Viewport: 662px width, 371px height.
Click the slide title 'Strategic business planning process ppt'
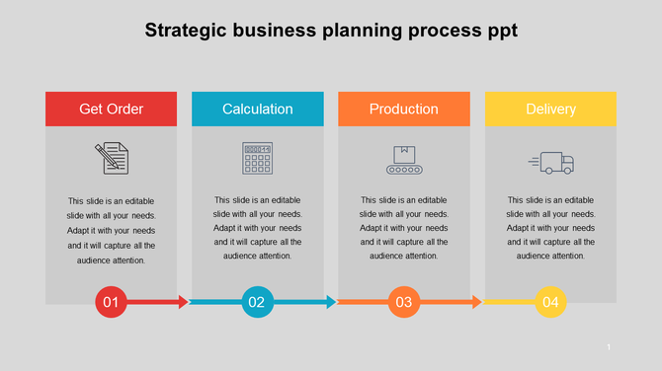pos(331,31)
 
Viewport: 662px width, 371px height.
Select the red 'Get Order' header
pos(111,109)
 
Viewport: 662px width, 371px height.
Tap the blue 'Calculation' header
pos(257,109)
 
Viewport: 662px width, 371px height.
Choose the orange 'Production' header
pos(403,109)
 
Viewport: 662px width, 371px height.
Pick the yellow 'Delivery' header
pos(550,109)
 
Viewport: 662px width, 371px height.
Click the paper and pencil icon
pos(112,158)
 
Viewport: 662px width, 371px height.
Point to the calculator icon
pos(257,158)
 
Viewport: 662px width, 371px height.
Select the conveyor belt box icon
pos(403,159)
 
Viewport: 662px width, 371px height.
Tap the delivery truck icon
pos(551,162)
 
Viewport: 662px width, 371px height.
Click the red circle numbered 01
pos(111,302)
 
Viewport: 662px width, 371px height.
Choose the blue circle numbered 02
pos(257,302)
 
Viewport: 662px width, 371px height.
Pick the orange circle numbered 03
pos(403,302)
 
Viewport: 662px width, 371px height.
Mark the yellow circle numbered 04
pos(550,302)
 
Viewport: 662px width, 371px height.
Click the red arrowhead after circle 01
pos(183,302)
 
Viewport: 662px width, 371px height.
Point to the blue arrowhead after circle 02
pos(330,302)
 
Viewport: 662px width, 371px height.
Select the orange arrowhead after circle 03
pos(476,302)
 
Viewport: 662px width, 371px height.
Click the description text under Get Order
pos(111,230)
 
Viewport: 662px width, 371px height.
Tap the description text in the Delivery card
pos(550,228)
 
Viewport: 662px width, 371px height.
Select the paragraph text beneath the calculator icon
pos(257,228)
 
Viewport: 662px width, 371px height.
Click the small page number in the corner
pos(609,346)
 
